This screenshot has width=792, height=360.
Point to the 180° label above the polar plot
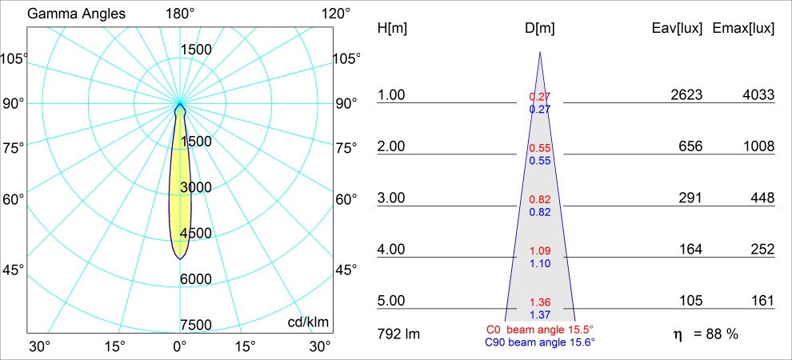[180, 14]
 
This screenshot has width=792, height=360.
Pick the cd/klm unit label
[309, 322]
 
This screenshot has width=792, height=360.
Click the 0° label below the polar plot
[179, 346]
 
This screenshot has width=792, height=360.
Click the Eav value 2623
[686, 95]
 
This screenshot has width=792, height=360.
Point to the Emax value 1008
[758, 147]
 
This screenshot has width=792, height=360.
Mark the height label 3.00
[392, 198]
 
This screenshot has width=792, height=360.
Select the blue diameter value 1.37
[540, 314]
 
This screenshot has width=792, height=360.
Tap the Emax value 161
[762, 302]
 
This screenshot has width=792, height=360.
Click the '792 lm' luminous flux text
[398, 333]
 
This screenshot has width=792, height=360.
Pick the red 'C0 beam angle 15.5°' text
[540, 329]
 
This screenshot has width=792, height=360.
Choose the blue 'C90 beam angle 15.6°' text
[540, 342]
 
